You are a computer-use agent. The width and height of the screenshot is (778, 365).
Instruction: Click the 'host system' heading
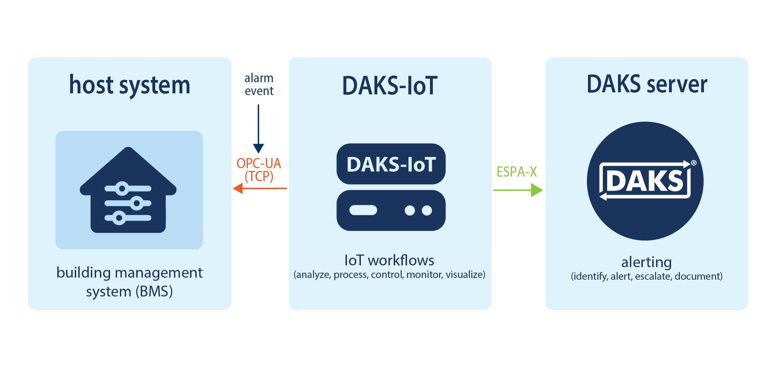130,85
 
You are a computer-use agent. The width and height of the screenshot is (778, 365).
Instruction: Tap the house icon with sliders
128,191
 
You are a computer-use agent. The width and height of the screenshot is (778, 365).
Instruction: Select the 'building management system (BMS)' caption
129,282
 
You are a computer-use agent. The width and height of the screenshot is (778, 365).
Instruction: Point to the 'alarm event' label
259,84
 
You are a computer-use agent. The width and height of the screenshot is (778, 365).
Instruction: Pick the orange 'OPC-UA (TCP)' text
259,170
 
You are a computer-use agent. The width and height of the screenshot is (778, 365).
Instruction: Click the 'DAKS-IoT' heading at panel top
390,86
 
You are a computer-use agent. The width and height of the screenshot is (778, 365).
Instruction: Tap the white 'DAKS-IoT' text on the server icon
391,164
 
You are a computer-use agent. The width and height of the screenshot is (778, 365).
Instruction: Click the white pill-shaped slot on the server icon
363,210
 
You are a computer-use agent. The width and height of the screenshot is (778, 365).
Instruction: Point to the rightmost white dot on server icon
427,210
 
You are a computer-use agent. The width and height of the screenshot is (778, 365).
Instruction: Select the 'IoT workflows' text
389,260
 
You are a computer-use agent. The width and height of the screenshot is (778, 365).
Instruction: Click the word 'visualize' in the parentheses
464,275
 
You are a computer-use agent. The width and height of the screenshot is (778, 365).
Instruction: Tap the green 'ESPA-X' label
517,172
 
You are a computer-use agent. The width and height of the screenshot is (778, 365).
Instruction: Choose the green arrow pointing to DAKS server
518,190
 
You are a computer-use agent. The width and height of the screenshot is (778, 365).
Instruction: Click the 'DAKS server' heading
647,84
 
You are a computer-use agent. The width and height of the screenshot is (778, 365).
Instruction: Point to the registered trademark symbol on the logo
694,163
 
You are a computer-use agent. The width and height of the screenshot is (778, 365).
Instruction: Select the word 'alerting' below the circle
646,262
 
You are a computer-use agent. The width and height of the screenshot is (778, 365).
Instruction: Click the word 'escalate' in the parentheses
653,277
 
